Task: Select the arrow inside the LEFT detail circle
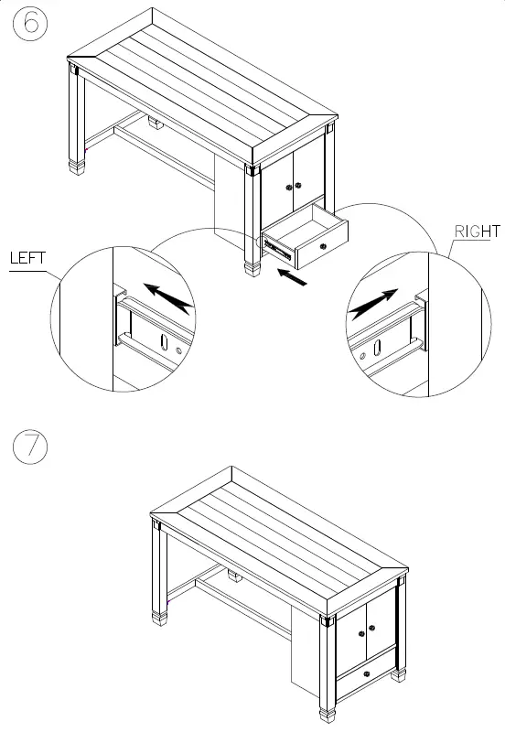[x=168, y=298]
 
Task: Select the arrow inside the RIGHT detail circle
[x=373, y=305]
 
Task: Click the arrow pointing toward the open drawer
[x=293, y=276]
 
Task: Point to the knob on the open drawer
[x=323, y=245]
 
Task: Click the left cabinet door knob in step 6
[x=288, y=187]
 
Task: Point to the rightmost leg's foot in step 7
[x=400, y=677]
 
